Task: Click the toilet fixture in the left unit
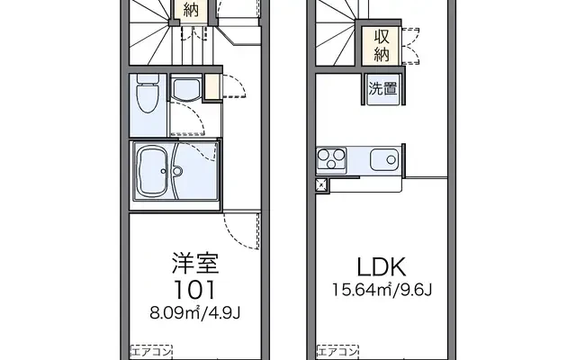click(x=148, y=93)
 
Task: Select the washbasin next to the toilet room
click(x=185, y=89)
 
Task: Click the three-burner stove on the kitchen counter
click(x=331, y=160)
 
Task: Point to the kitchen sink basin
click(x=384, y=160)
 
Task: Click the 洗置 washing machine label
click(x=382, y=88)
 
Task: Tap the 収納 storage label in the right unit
click(x=382, y=46)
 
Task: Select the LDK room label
click(x=382, y=267)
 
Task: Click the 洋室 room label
click(x=195, y=263)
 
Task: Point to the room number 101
click(x=194, y=290)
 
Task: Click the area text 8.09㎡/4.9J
click(x=194, y=313)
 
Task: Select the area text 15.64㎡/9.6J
click(x=382, y=290)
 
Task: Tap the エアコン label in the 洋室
click(x=151, y=352)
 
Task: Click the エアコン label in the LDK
click(x=337, y=352)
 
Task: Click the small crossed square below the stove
click(x=322, y=185)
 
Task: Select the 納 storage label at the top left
click(x=191, y=10)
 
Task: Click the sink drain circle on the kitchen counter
click(x=391, y=160)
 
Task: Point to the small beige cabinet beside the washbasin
click(x=211, y=86)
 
